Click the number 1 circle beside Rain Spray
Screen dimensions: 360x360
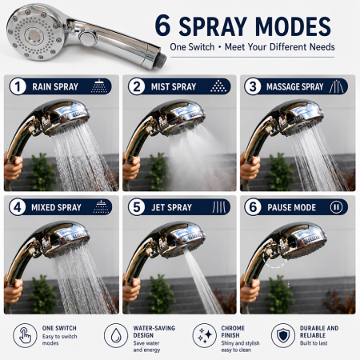(18, 86)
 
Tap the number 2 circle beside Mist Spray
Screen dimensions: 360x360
(137, 86)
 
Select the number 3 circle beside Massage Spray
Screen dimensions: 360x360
(253, 86)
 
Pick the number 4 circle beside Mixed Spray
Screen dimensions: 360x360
(18, 207)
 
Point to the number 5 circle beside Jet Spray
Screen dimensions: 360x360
(137, 207)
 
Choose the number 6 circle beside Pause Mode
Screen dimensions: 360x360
(253, 207)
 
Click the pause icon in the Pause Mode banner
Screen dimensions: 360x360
(336, 207)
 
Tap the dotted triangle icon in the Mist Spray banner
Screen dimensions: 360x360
(218, 86)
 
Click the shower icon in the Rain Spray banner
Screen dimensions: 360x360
(99, 86)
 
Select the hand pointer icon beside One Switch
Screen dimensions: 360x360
(25, 335)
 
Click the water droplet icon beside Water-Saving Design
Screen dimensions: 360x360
(116, 335)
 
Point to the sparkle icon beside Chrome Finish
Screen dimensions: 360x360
(205, 335)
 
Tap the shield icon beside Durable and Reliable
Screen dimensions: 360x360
(283, 335)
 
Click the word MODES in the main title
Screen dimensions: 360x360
(293, 26)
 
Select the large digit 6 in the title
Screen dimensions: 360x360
(162, 26)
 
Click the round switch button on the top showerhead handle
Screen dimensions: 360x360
(88, 38)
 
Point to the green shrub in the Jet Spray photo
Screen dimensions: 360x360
(160, 294)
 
